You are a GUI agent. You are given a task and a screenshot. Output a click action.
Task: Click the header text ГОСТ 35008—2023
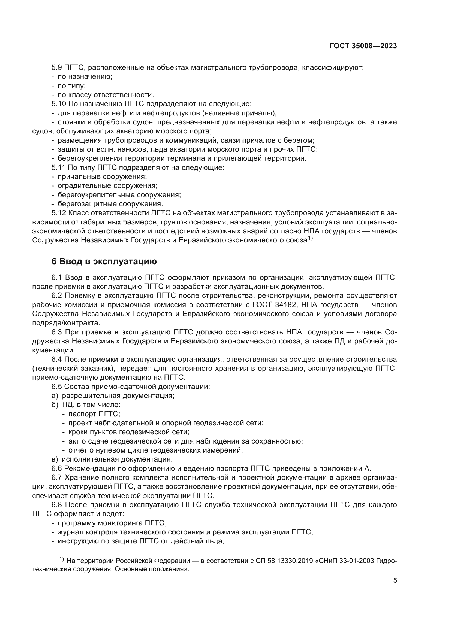coord(363,46)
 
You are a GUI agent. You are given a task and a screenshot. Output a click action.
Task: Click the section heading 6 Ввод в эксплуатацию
coord(104,262)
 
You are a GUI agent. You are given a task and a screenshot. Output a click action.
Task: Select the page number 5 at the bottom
coord(395,580)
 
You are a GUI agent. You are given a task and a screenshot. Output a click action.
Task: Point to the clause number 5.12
coord(59,213)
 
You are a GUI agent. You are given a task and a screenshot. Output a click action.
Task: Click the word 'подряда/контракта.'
coord(66,323)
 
